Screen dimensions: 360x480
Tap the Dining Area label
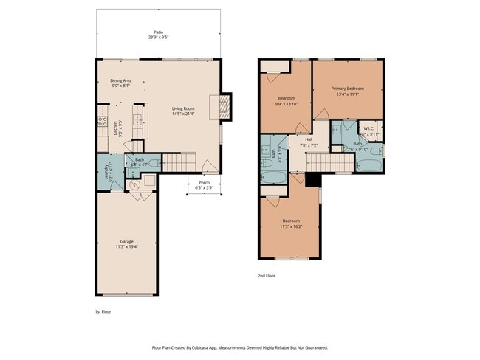pos(121,80)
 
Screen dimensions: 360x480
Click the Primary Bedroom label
pos(346,89)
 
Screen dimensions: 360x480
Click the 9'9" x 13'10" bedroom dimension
pos(287,103)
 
